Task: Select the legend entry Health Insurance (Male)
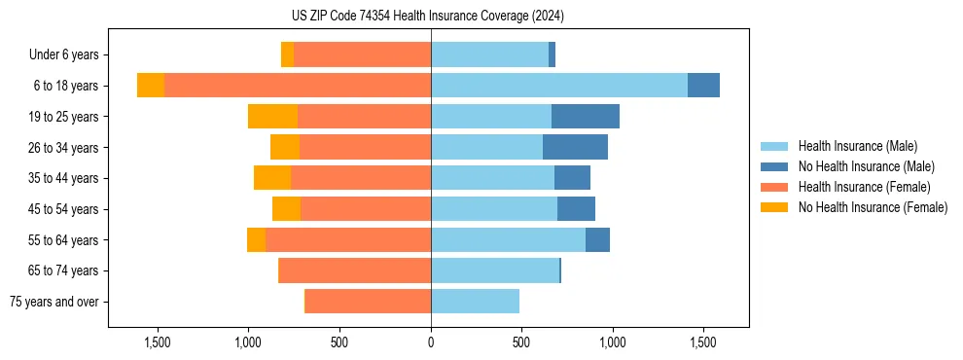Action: coord(857,146)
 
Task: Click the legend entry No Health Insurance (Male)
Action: coord(866,166)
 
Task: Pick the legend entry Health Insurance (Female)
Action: coord(864,187)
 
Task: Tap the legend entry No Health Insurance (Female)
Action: coord(873,207)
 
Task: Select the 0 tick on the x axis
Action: coord(431,342)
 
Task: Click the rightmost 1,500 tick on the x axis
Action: coord(703,342)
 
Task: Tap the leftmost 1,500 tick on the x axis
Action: coord(158,342)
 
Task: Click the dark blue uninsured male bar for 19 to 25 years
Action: coord(586,117)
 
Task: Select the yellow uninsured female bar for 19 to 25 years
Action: coord(272,117)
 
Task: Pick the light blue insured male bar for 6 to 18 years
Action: coord(559,86)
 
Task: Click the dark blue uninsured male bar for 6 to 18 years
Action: coord(703,86)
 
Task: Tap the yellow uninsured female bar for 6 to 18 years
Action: coord(151,86)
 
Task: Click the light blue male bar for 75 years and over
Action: coord(475,302)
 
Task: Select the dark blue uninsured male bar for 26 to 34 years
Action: coord(575,148)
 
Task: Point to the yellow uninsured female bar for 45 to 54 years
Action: coord(286,209)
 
